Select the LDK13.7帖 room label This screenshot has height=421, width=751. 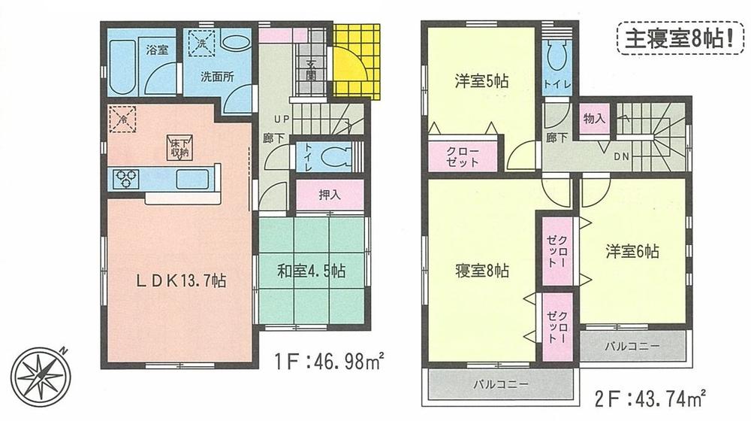click(181, 282)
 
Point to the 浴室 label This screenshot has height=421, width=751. click(158, 50)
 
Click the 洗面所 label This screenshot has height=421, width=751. click(217, 76)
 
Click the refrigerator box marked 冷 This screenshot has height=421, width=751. click(123, 119)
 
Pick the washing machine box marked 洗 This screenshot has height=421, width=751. click(201, 44)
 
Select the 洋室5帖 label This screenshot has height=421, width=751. click(481, 80)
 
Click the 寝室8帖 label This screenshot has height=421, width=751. click(481, 270)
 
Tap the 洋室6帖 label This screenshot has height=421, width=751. click(632, 253)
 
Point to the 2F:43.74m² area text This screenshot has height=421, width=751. click(650, 394)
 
